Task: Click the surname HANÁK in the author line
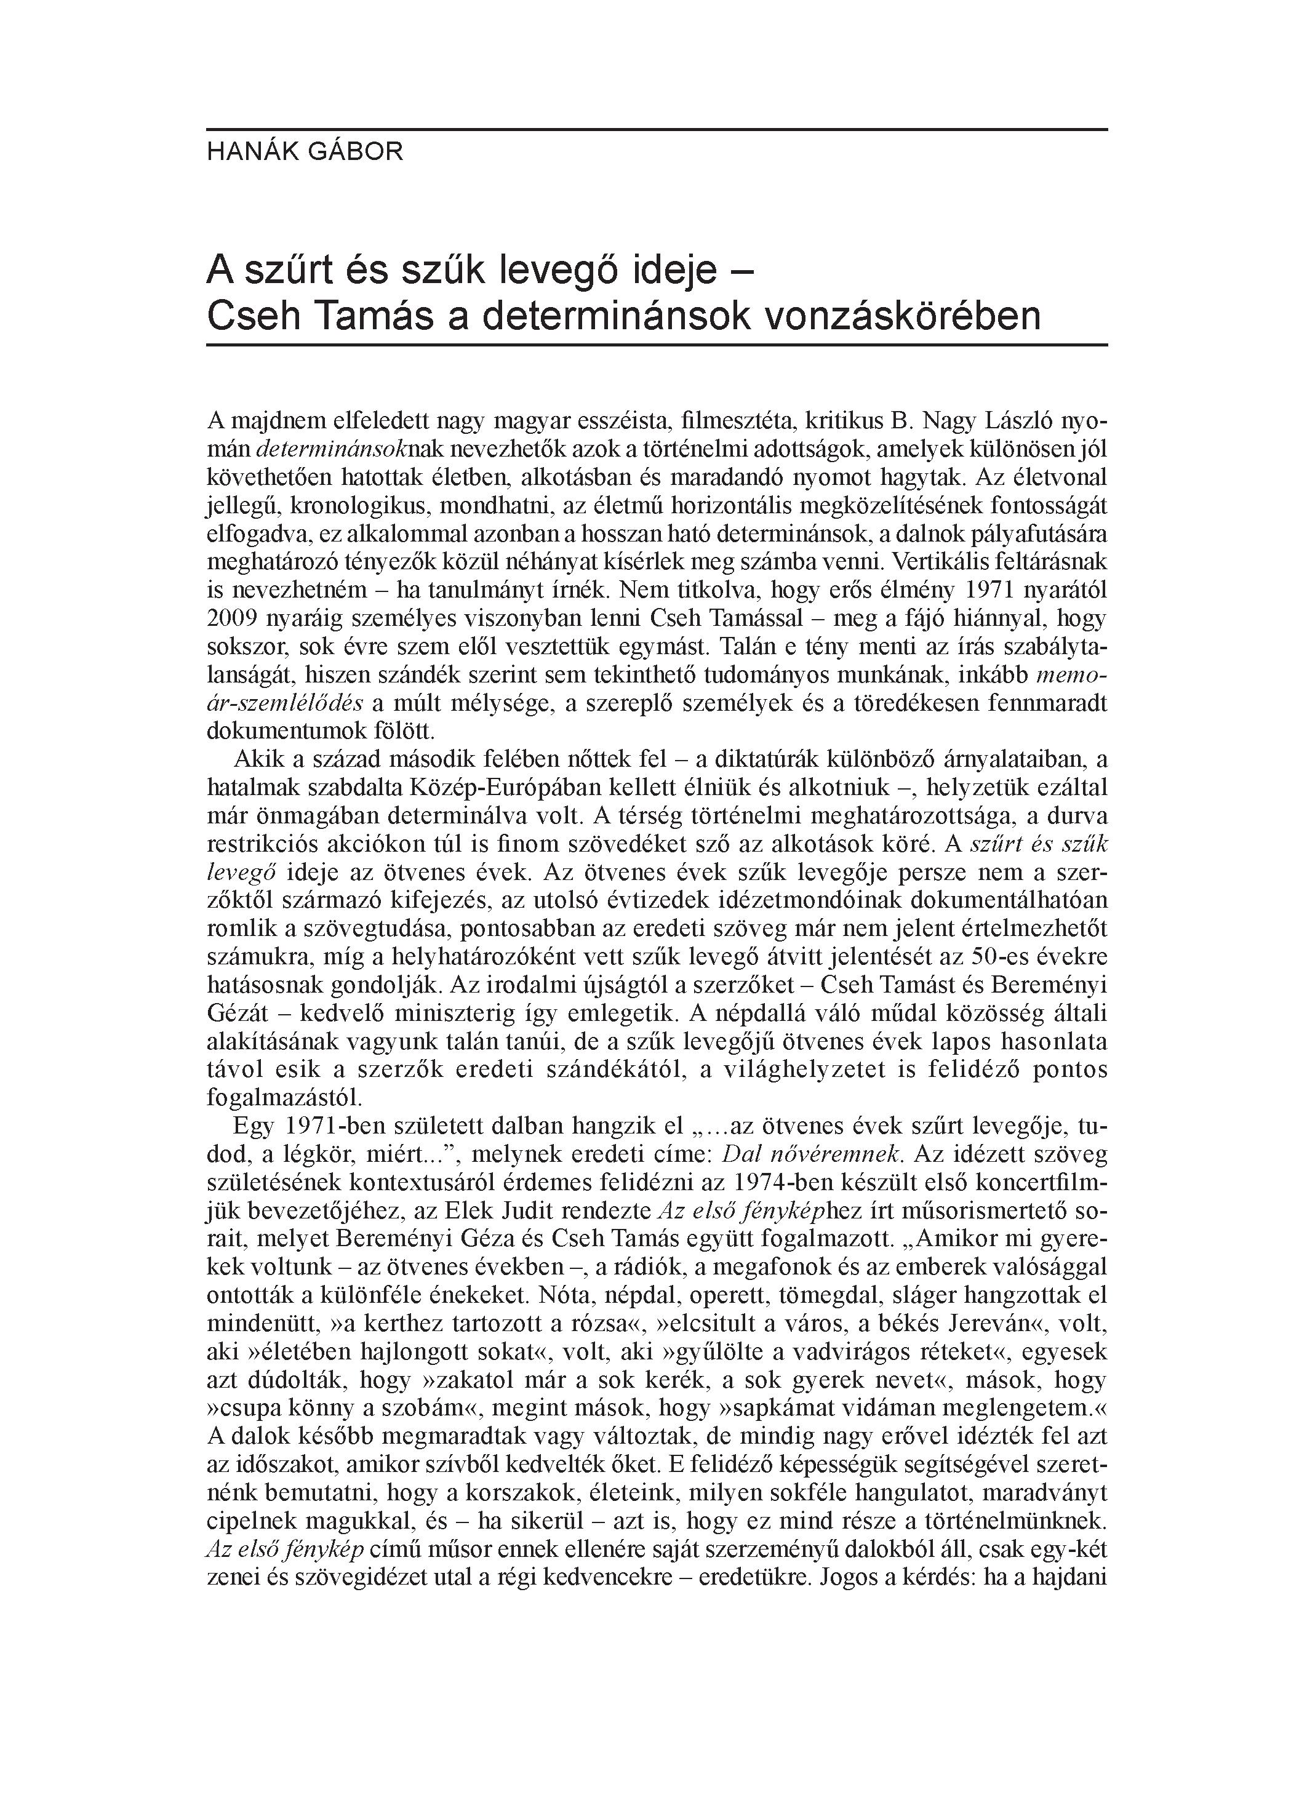click(250, 151)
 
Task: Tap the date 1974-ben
click(803, 1183)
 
